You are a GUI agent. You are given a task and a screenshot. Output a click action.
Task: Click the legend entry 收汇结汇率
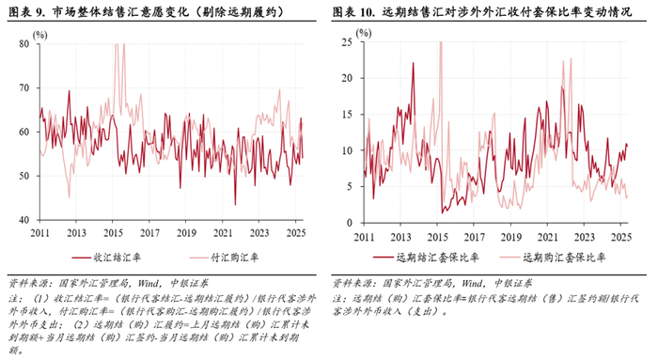pyautogui.click(x=117, y=257)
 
